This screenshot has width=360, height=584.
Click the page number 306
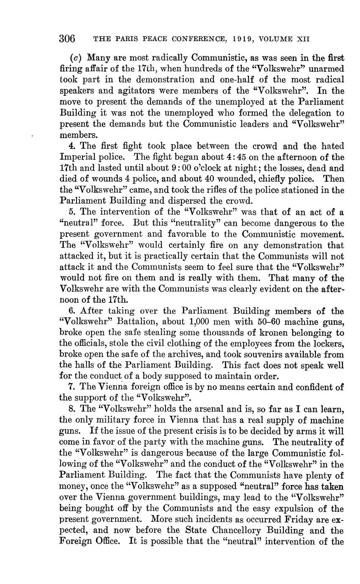coord(67,39)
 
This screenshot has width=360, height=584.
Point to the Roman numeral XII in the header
coord(303,39)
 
